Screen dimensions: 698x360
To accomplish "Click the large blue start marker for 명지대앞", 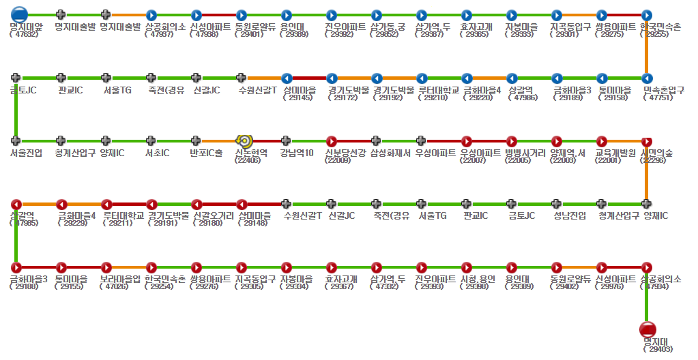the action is tap(19, 14).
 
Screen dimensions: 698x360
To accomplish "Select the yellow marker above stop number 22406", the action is tap(243, 140).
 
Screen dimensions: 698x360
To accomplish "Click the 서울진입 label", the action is tap(27, 153).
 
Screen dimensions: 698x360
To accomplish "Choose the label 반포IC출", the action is tap(206, 153).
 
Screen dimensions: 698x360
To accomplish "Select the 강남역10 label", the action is tap(297, 153).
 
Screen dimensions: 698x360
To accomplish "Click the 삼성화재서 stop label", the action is tap(390, 153).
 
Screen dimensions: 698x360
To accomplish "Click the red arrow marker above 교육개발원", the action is tap(602, 140).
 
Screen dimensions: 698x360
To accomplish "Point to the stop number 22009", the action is tap(339, 160).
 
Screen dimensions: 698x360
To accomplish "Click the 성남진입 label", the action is tap(570, 215).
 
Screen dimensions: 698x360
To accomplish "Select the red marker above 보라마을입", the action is tap(106, 267).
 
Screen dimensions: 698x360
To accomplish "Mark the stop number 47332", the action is tap(388, 286).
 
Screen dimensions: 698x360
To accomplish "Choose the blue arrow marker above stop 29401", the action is tap(241, 14).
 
